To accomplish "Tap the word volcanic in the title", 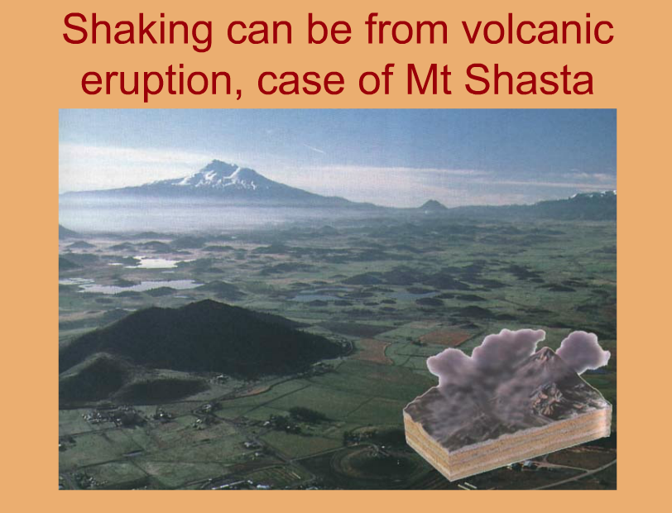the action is [537, 29].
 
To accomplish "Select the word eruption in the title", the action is [156, 81].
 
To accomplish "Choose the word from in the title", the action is [406, 29].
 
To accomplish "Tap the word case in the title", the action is [301, 83].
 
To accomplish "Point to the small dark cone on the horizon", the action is [433, 205].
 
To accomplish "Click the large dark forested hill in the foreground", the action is [201, 338].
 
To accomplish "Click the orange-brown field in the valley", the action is [446, 338].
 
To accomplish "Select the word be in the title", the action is [329, 29].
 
